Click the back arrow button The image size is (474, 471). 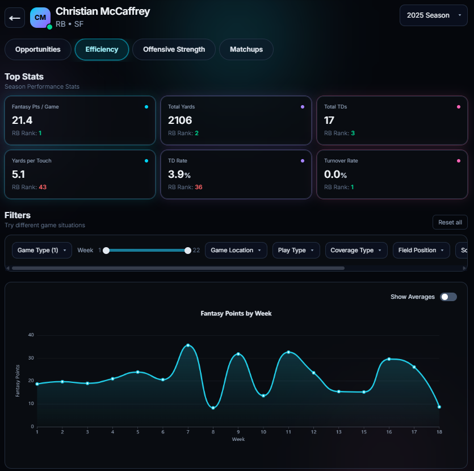15,18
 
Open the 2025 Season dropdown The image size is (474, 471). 433,15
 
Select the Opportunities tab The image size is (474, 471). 38,49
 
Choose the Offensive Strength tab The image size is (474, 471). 174,49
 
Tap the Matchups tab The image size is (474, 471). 246,49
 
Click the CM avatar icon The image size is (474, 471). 40,18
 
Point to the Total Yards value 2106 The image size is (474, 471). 180,120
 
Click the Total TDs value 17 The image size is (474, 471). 329,120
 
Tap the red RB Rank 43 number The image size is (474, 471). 43,187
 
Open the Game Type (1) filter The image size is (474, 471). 42,250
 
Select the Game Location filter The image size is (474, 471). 236,250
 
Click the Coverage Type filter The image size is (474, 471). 356,250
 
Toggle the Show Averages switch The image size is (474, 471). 448,297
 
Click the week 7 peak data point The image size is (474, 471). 188,345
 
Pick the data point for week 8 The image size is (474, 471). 213,408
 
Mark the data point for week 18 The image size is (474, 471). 439,407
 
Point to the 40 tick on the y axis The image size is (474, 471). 31,335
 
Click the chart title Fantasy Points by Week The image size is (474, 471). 236,313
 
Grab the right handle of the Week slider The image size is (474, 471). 188,250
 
